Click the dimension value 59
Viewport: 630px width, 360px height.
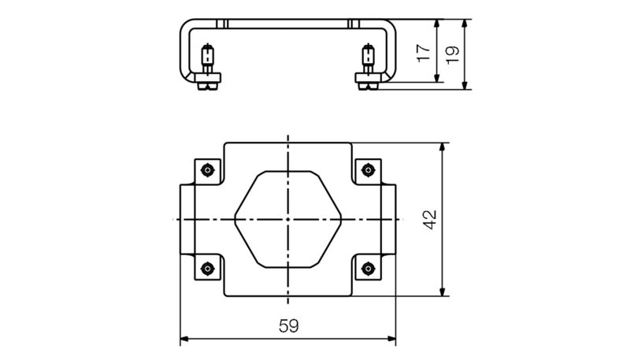coord(288,325)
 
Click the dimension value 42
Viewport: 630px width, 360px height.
coord(429,219)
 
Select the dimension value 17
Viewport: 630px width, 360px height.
coord(424,52)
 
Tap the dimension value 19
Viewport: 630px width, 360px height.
coord(451,54)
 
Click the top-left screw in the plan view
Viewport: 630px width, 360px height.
coord(206,170)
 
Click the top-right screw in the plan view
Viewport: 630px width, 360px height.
coord(367,170)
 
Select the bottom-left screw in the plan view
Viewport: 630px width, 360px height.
coord(206,268)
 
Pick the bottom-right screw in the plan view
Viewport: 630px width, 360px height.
coord(367,268)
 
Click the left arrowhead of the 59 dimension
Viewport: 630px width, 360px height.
coord(185,340)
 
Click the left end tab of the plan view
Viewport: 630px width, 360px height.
coord(187,218)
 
